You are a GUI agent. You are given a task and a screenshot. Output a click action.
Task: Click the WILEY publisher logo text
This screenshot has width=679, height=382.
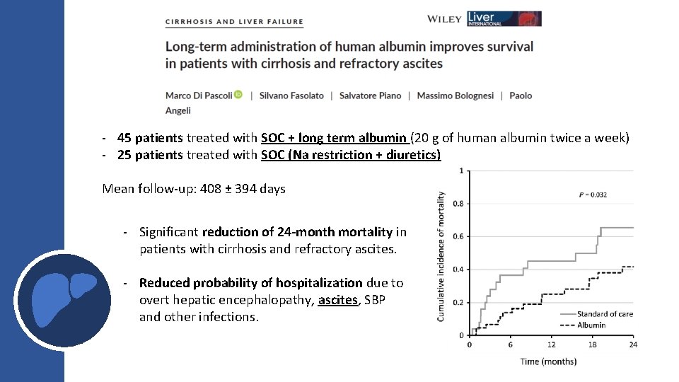(444, 19)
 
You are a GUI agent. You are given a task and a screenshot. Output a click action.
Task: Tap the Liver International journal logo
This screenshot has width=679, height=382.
(504, 18)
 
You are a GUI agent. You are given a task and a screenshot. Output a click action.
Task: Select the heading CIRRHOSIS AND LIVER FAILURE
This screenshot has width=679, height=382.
(234, 22)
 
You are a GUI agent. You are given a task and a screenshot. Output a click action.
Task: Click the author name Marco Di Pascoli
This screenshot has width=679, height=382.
(198, 95)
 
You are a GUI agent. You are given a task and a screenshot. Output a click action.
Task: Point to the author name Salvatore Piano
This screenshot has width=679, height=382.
(370, 95)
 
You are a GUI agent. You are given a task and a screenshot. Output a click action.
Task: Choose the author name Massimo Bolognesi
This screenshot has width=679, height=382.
(455, 95)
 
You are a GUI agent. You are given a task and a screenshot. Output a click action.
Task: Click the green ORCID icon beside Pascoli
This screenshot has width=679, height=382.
(238, 95)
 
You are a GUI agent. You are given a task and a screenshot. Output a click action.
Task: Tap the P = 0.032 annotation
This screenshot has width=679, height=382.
(593, 195)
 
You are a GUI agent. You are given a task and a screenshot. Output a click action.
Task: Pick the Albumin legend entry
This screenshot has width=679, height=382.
(591, 325)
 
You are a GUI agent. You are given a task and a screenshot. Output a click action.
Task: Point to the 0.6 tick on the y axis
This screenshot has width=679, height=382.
(459, 236)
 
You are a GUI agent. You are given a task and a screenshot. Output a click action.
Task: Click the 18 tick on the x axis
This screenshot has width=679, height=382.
(592, 345)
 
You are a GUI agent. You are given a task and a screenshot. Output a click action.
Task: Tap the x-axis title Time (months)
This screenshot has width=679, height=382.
(548, 361)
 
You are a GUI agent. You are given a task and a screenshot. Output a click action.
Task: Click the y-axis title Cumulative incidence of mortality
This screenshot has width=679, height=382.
(441, 256)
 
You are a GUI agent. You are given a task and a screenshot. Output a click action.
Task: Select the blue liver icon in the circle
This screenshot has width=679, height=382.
(63, 299)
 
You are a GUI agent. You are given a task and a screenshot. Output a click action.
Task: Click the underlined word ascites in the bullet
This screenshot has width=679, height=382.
(338, 300)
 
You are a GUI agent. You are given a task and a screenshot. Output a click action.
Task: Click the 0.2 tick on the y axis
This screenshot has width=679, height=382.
(459, 302)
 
